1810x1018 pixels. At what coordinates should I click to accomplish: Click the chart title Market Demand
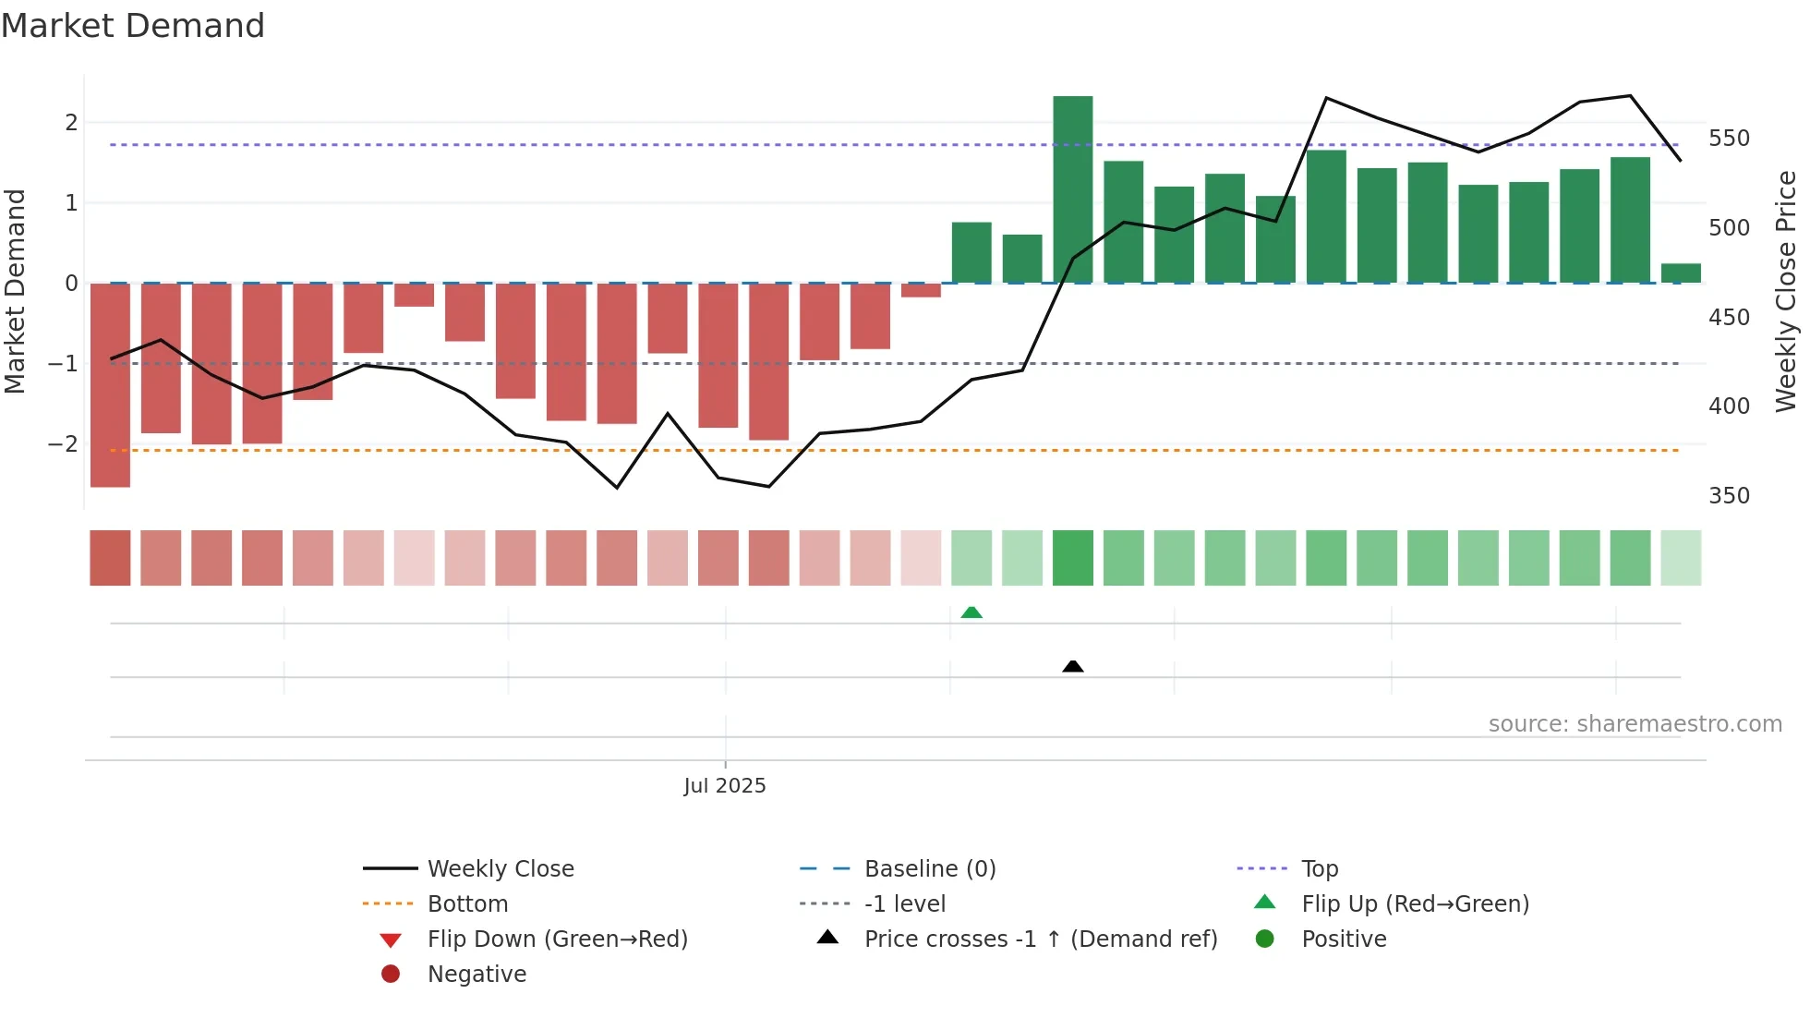coord(133,26)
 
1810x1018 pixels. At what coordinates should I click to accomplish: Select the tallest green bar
coord(1072,189)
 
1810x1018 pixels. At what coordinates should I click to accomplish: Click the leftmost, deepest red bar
coord(110,384)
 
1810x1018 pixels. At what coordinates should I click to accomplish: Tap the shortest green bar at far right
coord(1681,273)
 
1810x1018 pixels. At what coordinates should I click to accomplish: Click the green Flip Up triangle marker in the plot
coord(971,612)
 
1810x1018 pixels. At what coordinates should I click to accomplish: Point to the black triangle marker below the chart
coord(1072,666)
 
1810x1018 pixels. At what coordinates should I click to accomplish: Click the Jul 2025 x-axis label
coord(725,785)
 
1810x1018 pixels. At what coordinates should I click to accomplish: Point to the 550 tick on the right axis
coord(1729,139)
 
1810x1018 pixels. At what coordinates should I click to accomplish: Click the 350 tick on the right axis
coord(1729,496)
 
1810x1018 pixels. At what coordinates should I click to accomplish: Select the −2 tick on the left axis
coord(63,444)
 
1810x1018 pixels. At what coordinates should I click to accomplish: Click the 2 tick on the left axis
coord(71,122)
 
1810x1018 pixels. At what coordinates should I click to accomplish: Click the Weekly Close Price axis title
coord(1786,291)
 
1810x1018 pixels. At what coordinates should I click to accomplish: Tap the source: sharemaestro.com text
coord(1635,724)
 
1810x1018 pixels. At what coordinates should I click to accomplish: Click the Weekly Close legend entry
coord(500,868)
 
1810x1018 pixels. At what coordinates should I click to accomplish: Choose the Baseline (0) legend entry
coord(929,868)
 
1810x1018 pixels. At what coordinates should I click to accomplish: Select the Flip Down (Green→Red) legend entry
coord(557,939)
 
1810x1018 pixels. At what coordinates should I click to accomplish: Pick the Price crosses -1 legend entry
coord(1040,939)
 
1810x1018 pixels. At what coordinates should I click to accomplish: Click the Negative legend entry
coord(477,974)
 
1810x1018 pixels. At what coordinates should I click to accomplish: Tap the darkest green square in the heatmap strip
coord(1072,558)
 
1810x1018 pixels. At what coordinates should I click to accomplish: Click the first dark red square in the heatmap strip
coord(110,558)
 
